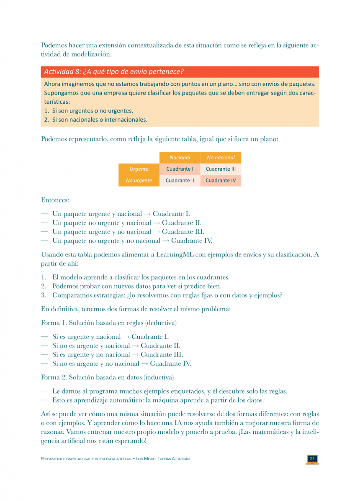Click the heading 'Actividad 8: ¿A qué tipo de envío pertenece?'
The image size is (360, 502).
[x=114, y=72]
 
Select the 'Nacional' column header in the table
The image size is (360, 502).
[x=180, y=158]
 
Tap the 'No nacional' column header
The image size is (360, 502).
[x=221, y=158]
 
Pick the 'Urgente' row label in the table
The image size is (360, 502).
[x=139, y=169]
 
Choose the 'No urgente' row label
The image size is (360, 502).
[x=139, y=181]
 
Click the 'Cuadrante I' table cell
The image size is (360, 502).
[x=180, y=169]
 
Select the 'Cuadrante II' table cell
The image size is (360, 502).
[x=180, y=181]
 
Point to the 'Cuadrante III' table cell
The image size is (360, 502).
[x=221, y=169]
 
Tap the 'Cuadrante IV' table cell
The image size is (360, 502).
[x=221, y=181]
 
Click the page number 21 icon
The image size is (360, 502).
[x=312, y=459]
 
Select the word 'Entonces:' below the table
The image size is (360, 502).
[x=55, y=200]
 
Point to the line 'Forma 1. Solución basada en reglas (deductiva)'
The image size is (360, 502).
[x=108, y=323]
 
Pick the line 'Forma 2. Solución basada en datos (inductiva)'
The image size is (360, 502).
[x=107, y=377]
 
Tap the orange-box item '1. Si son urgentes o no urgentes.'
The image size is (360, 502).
[x=88, y=111]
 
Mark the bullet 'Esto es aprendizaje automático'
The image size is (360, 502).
[x=157, y=400]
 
